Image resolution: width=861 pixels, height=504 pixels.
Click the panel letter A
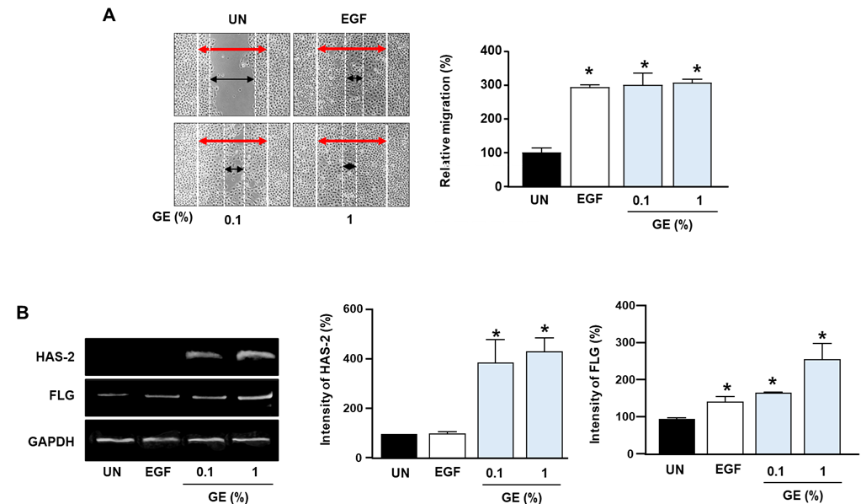coord(109,15)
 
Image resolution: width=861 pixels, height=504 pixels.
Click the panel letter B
coord(23,313)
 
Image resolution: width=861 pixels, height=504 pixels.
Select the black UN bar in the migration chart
coord(541,169)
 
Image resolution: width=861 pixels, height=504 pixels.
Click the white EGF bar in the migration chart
coord(590,137)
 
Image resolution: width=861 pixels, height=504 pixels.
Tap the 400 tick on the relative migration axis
coord(491,51)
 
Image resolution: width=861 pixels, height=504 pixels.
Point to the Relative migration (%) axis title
coord(445,121)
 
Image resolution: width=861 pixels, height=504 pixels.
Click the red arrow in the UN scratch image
coord(232,50)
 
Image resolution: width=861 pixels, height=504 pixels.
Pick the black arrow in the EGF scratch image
coord(354,78)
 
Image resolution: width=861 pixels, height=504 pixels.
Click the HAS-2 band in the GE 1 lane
coord(255,356)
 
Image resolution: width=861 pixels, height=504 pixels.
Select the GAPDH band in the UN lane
coord(114,439)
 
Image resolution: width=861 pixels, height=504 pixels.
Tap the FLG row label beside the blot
coord(61,396)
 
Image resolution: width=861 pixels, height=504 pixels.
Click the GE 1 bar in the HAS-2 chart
coord(545,405)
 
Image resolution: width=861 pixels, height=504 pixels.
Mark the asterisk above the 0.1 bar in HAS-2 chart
coord(497,334)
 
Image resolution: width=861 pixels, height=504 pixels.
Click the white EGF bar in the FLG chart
coord(725,427)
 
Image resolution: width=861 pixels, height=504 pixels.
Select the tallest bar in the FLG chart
coord(822,407)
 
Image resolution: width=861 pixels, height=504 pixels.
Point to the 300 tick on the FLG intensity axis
coord(626,342)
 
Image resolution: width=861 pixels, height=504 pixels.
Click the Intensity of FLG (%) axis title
coord(595,384)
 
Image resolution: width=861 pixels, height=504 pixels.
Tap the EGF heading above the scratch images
coord(353,19)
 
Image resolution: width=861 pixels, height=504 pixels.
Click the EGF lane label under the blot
coord(158,472)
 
